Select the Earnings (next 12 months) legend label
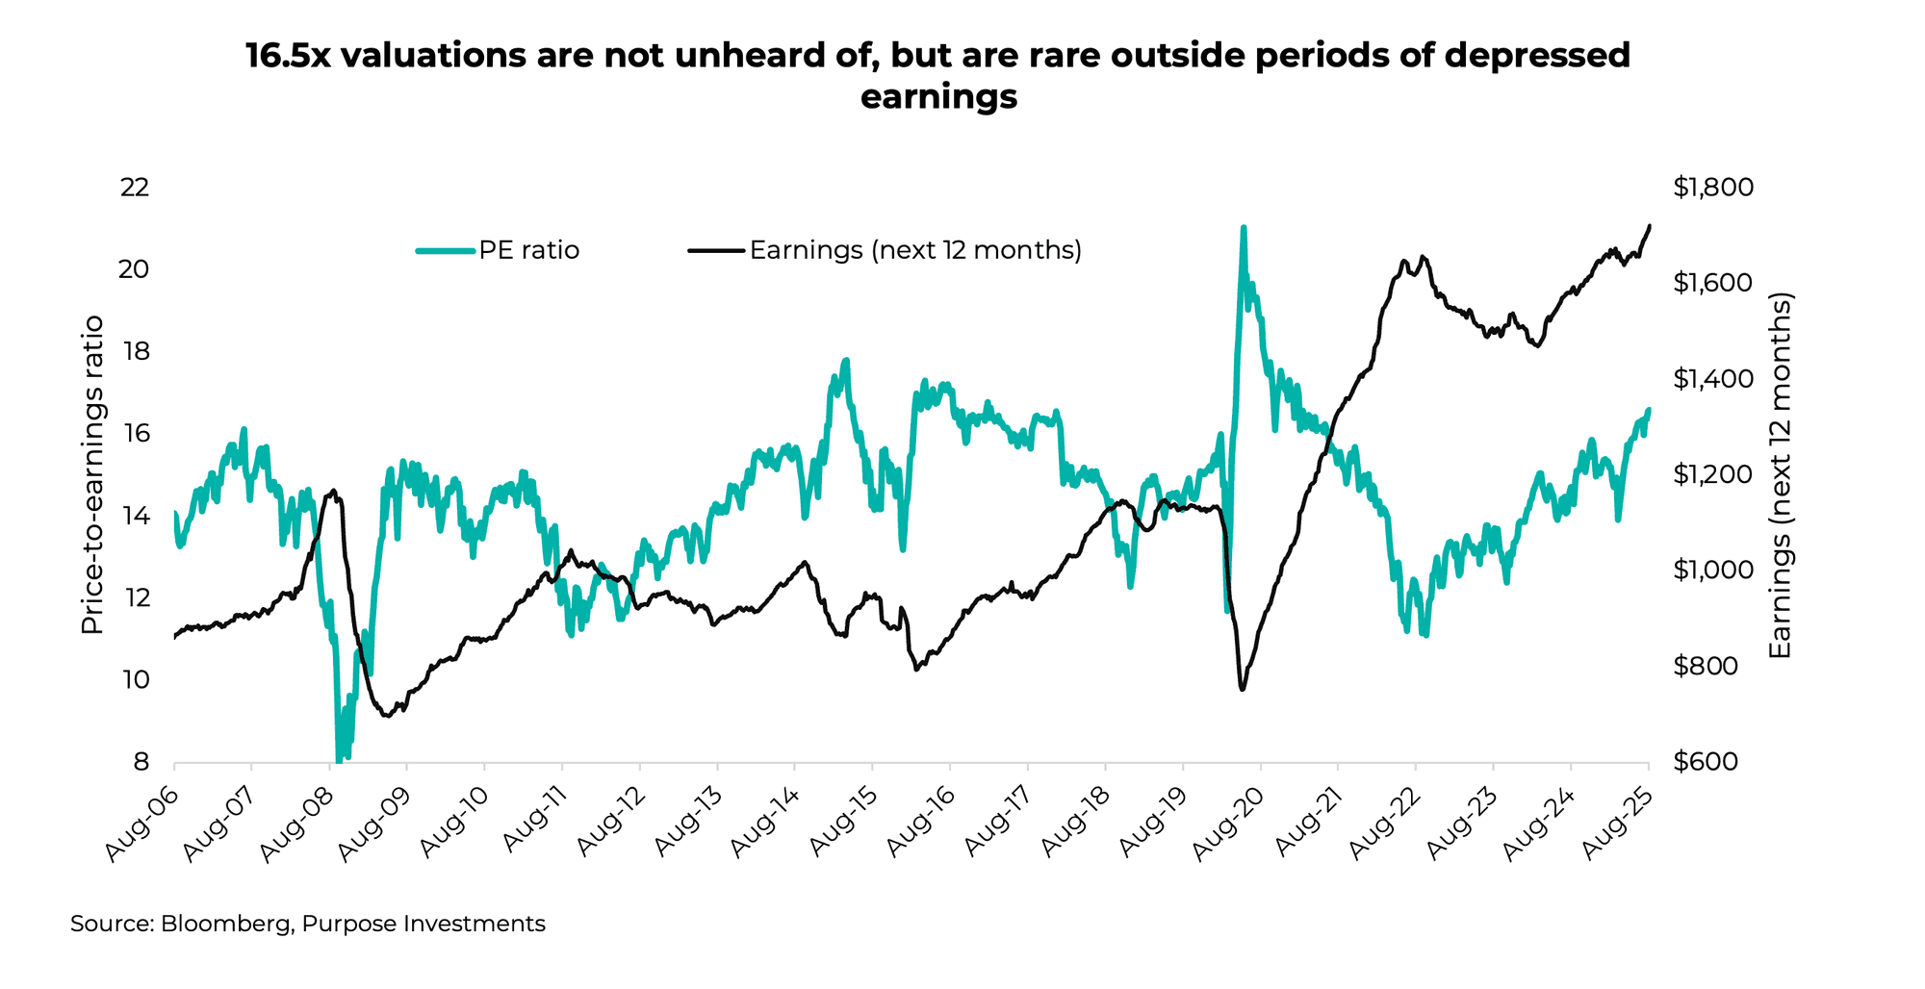pyautogui.click(x=915, y=250)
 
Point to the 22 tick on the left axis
pyautogui.click(x=134, y=187)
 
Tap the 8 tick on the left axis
pyautogui.click(x=141, y=762)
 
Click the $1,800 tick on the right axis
pyautogui.click(x=1713, y=187)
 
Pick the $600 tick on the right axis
pyautogui.click(x=1706, y=762)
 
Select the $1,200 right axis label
pyautogui.click(x=1713, y=474)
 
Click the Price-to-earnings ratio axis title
pyautogui.click(x=91, y=474)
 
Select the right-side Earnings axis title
pyautogui.click(x=1781, y=476)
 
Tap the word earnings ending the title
pyautogui.click(x=938, y=97)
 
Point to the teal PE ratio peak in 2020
pyautogui.click(x=1244, y=229)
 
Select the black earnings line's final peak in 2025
pyautogui.click(x=1650, y=226)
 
